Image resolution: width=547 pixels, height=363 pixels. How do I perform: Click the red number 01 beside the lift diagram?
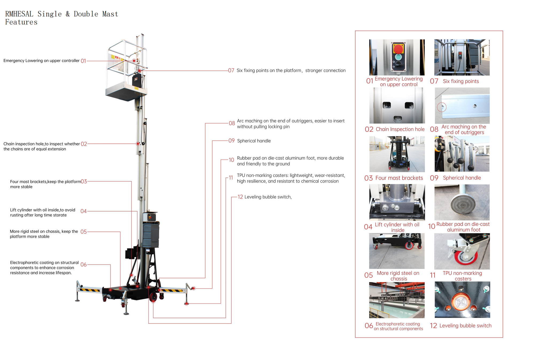83,61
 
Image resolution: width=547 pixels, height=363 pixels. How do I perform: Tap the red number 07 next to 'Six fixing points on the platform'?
231,70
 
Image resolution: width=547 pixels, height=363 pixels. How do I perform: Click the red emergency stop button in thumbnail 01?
398,49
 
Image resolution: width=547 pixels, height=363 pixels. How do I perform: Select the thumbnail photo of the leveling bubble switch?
462,300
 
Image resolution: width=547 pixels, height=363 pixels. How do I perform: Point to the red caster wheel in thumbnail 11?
466,257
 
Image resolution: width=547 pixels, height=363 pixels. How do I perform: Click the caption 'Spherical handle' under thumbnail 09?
462,178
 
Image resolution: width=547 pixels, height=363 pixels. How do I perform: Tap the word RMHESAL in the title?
19,14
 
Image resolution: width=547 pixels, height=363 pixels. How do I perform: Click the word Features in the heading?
21,22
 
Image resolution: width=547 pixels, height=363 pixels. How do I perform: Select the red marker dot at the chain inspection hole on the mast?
138,144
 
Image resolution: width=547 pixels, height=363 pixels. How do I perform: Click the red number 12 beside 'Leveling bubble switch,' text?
240,197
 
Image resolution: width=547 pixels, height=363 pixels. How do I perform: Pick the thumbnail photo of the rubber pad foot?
462,202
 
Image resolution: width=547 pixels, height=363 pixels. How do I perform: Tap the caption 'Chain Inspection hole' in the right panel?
400,129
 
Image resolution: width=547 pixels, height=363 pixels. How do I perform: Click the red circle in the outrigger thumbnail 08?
441,107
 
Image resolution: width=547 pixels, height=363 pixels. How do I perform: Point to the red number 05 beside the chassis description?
84,232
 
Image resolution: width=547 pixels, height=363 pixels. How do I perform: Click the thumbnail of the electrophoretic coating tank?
397,300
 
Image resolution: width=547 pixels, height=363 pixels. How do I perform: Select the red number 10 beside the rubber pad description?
231,160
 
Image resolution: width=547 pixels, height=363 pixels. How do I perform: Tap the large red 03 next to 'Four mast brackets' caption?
368,178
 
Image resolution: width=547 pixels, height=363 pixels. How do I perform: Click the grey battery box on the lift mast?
151,235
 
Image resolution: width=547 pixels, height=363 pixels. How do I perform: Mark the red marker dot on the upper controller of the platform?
134,61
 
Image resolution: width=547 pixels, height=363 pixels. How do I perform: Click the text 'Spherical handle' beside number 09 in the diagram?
254,141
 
